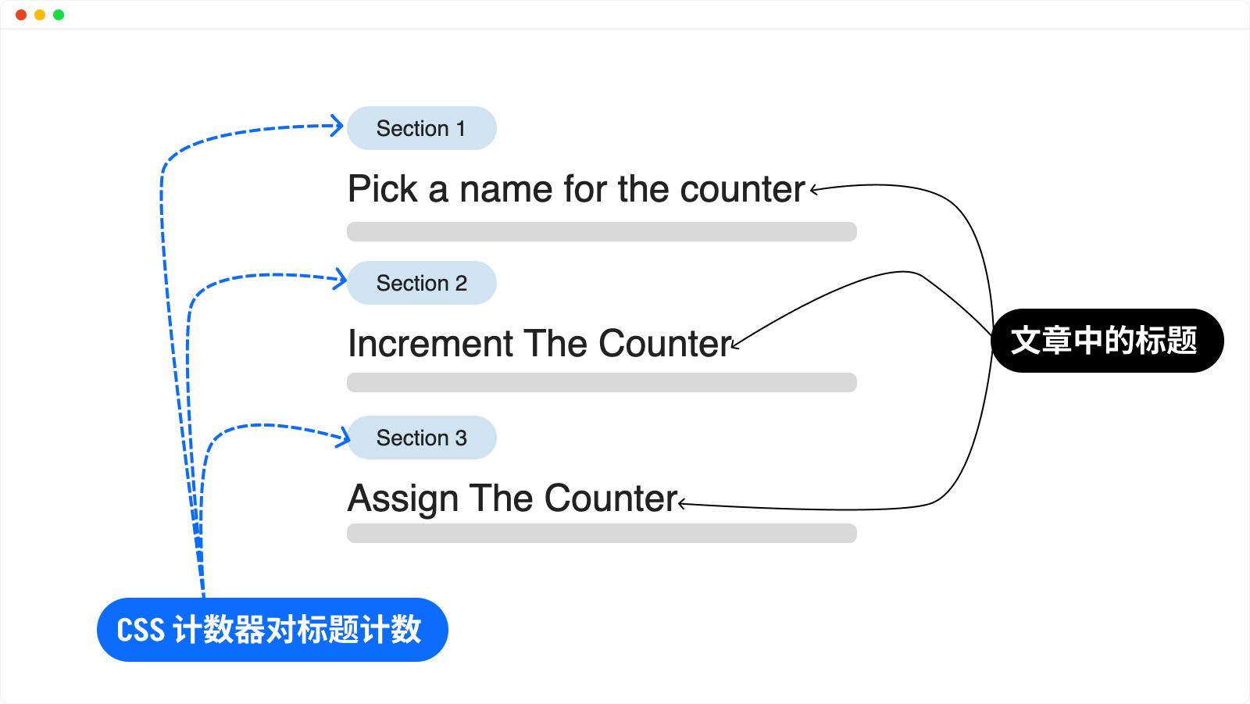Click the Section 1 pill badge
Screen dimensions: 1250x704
pos(421,128)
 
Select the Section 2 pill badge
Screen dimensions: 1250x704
pos(421,283)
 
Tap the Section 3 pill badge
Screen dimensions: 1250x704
pos(421,438)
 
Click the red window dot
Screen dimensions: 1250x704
pos(21,15)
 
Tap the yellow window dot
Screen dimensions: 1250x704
pos(40,15)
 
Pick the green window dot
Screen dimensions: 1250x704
pos(59,15)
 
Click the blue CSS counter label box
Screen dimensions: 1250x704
pos(273,630)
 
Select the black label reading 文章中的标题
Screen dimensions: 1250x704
pos(1107,341)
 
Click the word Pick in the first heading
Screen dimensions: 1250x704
pos(382,189)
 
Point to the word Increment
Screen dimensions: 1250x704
pos(430,343)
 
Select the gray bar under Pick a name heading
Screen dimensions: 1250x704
pos(602,232)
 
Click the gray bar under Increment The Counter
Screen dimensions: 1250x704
pos(602,382)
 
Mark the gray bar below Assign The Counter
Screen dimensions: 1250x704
pos(602,533)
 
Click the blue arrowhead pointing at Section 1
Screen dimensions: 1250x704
pos(337,126)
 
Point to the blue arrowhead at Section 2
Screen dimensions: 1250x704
pos(340,279)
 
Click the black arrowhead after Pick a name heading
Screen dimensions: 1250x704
pos(813,190)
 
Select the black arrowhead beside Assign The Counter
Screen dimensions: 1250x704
pos(681,504)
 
